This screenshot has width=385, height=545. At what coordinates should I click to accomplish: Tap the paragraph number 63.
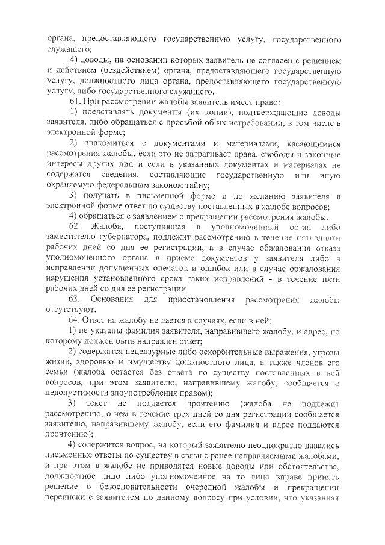(x=75, y=299)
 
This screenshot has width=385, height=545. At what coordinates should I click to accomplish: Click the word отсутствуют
(x=72, y=310)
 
